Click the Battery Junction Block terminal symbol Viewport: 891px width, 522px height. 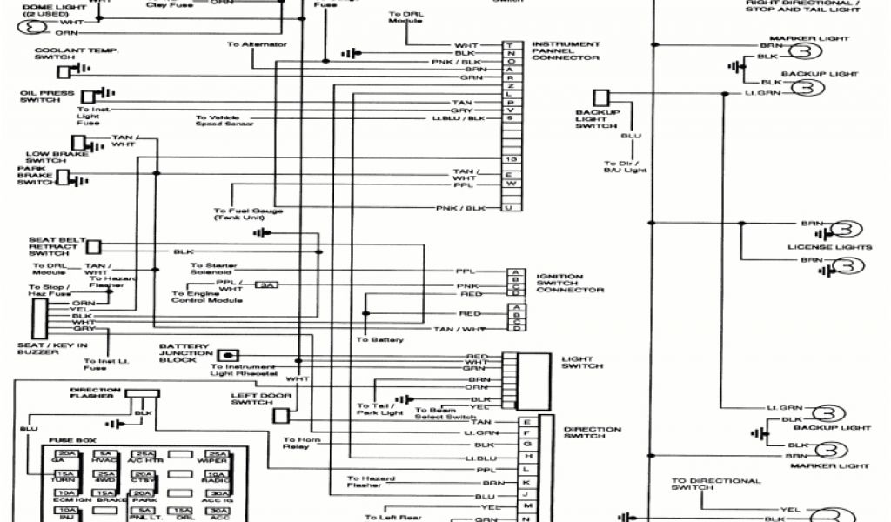[228, 355]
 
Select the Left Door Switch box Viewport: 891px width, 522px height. [280, 416]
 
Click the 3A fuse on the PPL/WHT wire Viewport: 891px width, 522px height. [265, 284]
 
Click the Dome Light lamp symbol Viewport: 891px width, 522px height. [34, 28]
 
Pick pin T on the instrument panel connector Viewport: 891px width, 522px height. [511, 45]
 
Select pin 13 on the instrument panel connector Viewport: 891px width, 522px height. [511, 160]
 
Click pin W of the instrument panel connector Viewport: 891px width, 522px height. [511, 184]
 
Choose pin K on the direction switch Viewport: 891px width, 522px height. [526, 482]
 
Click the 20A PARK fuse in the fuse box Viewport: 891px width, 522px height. [144, 493]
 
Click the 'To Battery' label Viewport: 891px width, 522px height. [379, 339]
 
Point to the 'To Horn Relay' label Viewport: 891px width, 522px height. [302, 444]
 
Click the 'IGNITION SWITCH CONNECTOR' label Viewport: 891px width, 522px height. [570, 283]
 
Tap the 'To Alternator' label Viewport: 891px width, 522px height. [251, 43]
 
